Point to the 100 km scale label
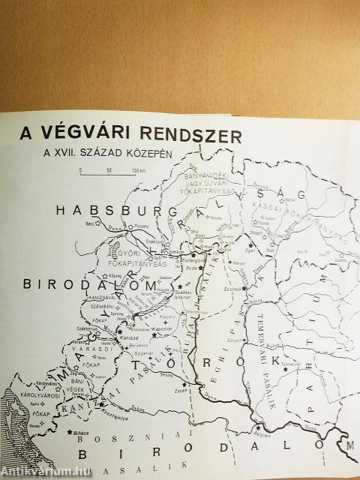pyautogui.click(x=139, y=171)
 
